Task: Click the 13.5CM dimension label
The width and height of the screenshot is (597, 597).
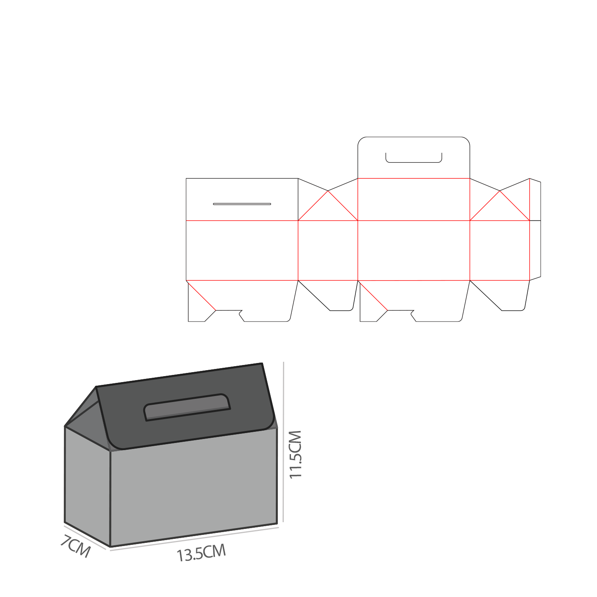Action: tap(201, 553)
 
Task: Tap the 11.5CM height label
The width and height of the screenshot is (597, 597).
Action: tap(296, 454)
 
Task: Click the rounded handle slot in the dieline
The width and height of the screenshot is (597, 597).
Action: tap(414, 158)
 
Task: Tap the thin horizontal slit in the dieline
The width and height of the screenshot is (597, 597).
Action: tap(242, 204)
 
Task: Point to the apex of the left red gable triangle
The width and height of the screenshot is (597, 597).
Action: tap(328, 191)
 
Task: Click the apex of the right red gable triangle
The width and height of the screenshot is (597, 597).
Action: tap(500, 191)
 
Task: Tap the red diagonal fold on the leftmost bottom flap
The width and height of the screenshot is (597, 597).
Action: tap(201, 295)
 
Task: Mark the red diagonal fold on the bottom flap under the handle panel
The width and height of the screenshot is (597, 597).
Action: tap(373, 295)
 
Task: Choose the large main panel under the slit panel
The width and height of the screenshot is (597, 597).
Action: tap(242, 250)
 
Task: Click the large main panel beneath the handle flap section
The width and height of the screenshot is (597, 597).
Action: tap(414, 250)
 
